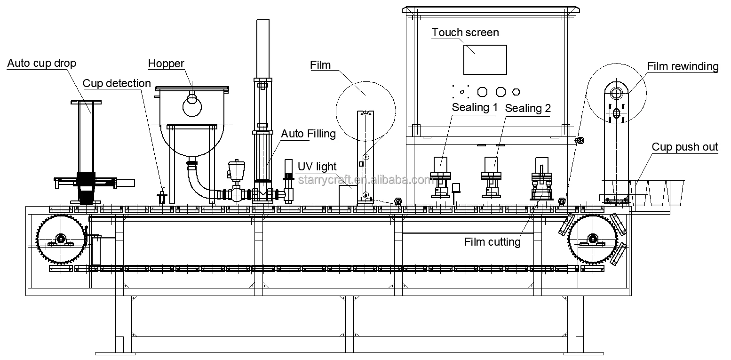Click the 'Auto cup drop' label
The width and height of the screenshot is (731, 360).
pyautogui.click(x=41, y=63)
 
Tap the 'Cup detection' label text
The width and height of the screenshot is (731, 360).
pyautogui.click(x=117, y=83)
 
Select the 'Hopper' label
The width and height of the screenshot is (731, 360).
pyautogui.click(x=166, y=64)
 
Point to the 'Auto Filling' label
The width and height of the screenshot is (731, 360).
pyautogui.click(x=308, y=134)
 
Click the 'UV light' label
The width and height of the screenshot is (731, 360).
pyautogui.click(x=317, y=167)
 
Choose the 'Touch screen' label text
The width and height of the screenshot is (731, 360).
pyautogui.click(x=465, y=32)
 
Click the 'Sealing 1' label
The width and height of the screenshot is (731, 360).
pyautogui.click(x=475, y=107)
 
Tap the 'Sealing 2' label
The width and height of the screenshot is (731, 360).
pyautogui.click(x=527, y=108)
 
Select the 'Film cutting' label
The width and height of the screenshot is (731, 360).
pyautogui.click(x=492, y=242)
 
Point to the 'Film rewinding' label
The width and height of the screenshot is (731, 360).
pyautogui.click(x=683, y=66)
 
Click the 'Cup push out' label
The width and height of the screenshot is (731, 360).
pyautogui.click(x=684, y=147)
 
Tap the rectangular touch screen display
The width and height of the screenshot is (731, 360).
pyautogui.click(x=485, y=60)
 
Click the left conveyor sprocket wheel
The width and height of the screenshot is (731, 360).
pyautogui.click(x=61, y=239)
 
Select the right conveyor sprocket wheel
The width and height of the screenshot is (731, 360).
pyautogui.click(x=593, y=239)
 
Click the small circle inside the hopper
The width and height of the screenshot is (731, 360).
pyautogui.click(x=192, y=106)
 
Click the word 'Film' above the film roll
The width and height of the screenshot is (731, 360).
pyautogui.click(x=320, y=65)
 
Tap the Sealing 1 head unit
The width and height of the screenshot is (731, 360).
pyautogui.click(x=441, y=176)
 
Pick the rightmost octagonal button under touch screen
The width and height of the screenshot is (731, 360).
pyautogui.click(x=516, y=91)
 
